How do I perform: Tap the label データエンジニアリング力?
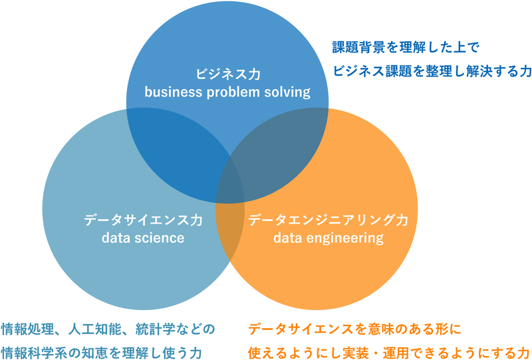click(x=329, y=220)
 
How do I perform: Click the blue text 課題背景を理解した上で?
click(x=406, y=48)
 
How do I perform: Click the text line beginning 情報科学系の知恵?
click(x=100, y=350)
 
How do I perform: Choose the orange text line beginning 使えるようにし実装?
click(x=389, y=350)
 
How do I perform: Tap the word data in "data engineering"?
click(x=287, y=238)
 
